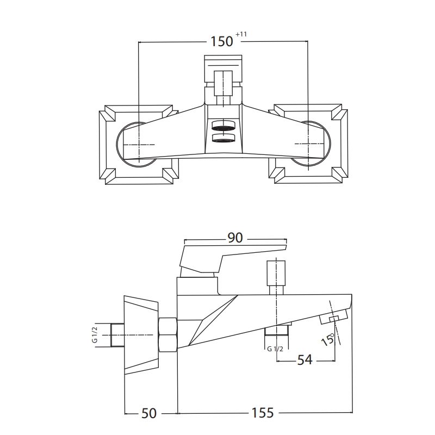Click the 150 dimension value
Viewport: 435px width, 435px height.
[x=222, y=42]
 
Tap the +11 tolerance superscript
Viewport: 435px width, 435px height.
[x=241, y=34]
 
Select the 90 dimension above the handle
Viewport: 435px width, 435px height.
[x=235, y=238]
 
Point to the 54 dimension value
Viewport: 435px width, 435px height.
[x=304, y=360]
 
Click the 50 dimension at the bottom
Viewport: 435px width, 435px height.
[x=149, y=413]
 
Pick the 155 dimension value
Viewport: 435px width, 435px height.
[x=263, y=413]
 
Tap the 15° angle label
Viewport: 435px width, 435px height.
[x=328, y=339]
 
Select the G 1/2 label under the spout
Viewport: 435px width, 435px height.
[x=275, y=349]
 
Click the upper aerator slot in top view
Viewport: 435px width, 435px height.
[x=223, y=126]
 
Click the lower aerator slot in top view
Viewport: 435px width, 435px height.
[x=223, y=138]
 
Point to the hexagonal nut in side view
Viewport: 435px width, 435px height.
[x=167, y=335]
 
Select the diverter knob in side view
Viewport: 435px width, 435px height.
[x=276, y=273]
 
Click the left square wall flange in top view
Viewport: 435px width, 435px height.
[x=139, y=145]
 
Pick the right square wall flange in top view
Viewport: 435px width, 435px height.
[x=308, y=144]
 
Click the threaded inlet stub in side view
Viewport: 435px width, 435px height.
[x=117, y=335]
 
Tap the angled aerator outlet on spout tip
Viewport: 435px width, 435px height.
[x=333, y=317]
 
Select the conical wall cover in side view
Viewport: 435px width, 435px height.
[x=141, y=335]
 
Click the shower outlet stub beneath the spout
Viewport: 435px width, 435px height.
[x=277, y=330]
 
